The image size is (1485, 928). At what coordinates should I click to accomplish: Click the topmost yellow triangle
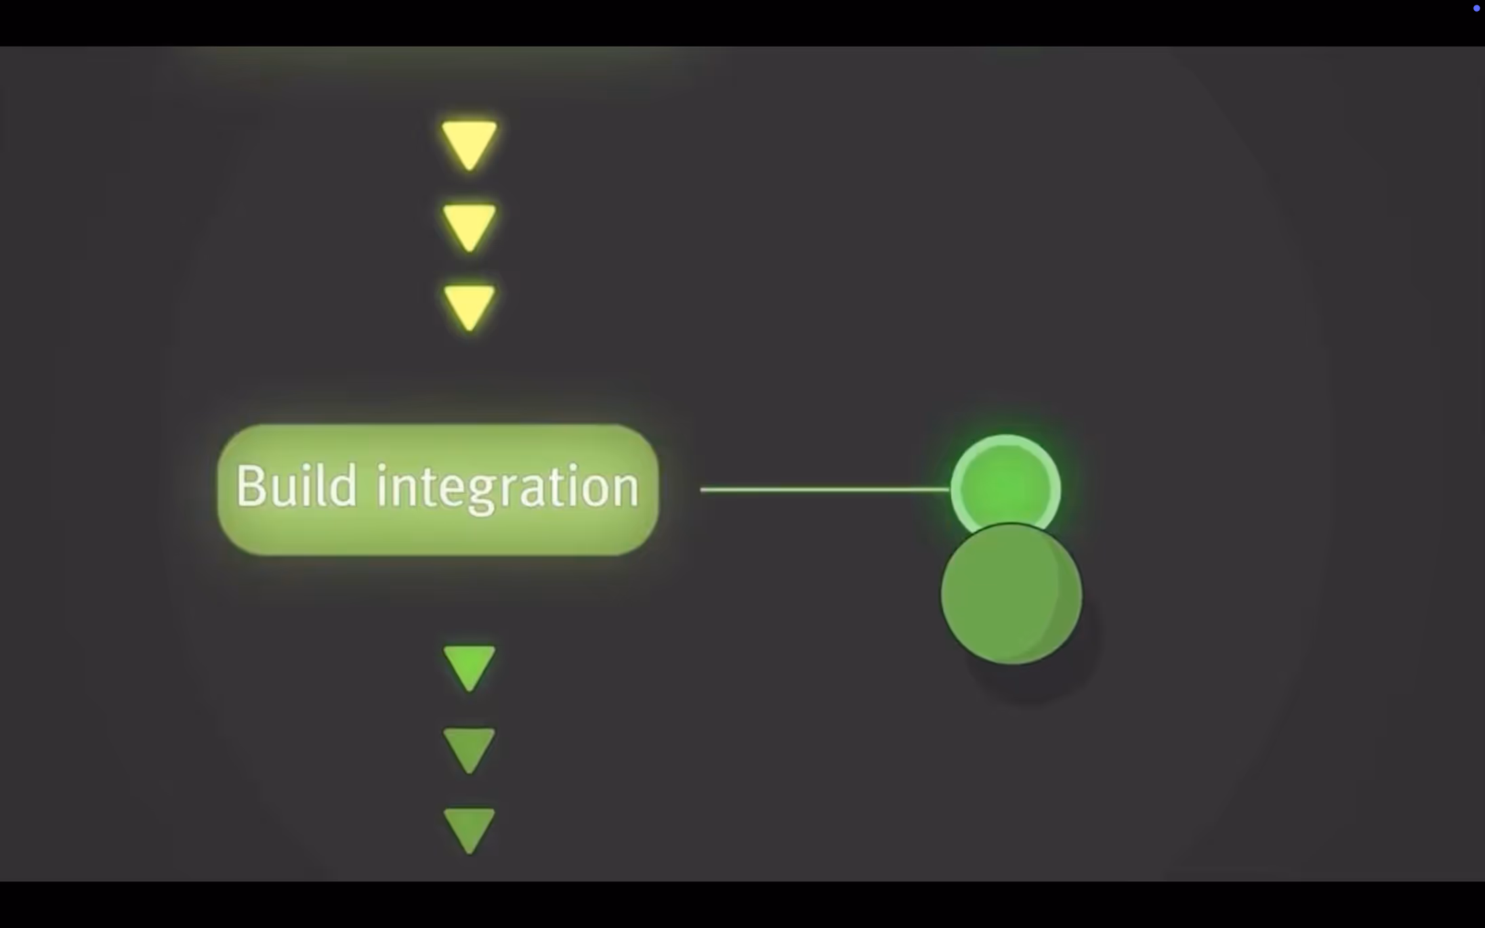coord(469,143)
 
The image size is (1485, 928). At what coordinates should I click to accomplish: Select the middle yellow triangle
coord(469,226)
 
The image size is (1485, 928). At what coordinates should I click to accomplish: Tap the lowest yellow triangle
coord(469,306)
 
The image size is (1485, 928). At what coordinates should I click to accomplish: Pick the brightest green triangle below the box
coord(469,667)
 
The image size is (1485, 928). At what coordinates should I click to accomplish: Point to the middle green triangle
coord(469,748)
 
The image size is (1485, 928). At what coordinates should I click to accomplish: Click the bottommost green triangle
coord(469,829)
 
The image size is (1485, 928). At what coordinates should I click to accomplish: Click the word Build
coord(296,486)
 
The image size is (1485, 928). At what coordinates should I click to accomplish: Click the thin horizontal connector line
coord(824,489)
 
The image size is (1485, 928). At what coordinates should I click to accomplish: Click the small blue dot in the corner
coord(1476,9)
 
